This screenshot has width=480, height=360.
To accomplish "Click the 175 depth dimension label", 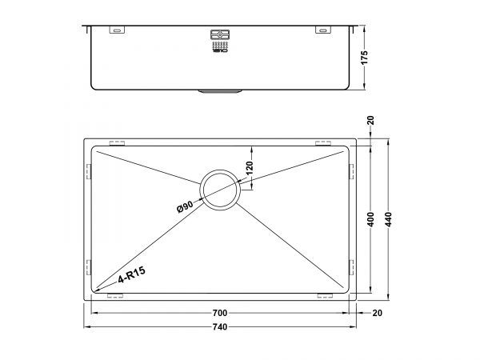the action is coord(364,58).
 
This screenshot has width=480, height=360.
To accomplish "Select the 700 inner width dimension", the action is coord(220,313).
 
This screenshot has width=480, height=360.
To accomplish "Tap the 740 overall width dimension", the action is coord(220,327).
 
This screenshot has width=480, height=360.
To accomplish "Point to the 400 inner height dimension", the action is coord(370,219).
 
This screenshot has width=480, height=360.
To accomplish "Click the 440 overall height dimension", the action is coord(388,219).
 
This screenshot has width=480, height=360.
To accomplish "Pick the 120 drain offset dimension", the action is coord(250,168).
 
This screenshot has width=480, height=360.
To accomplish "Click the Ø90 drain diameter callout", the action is coord(185,207).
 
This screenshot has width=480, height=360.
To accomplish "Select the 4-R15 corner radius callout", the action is coord(132,274).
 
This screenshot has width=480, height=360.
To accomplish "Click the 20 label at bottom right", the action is coord(378,313).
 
